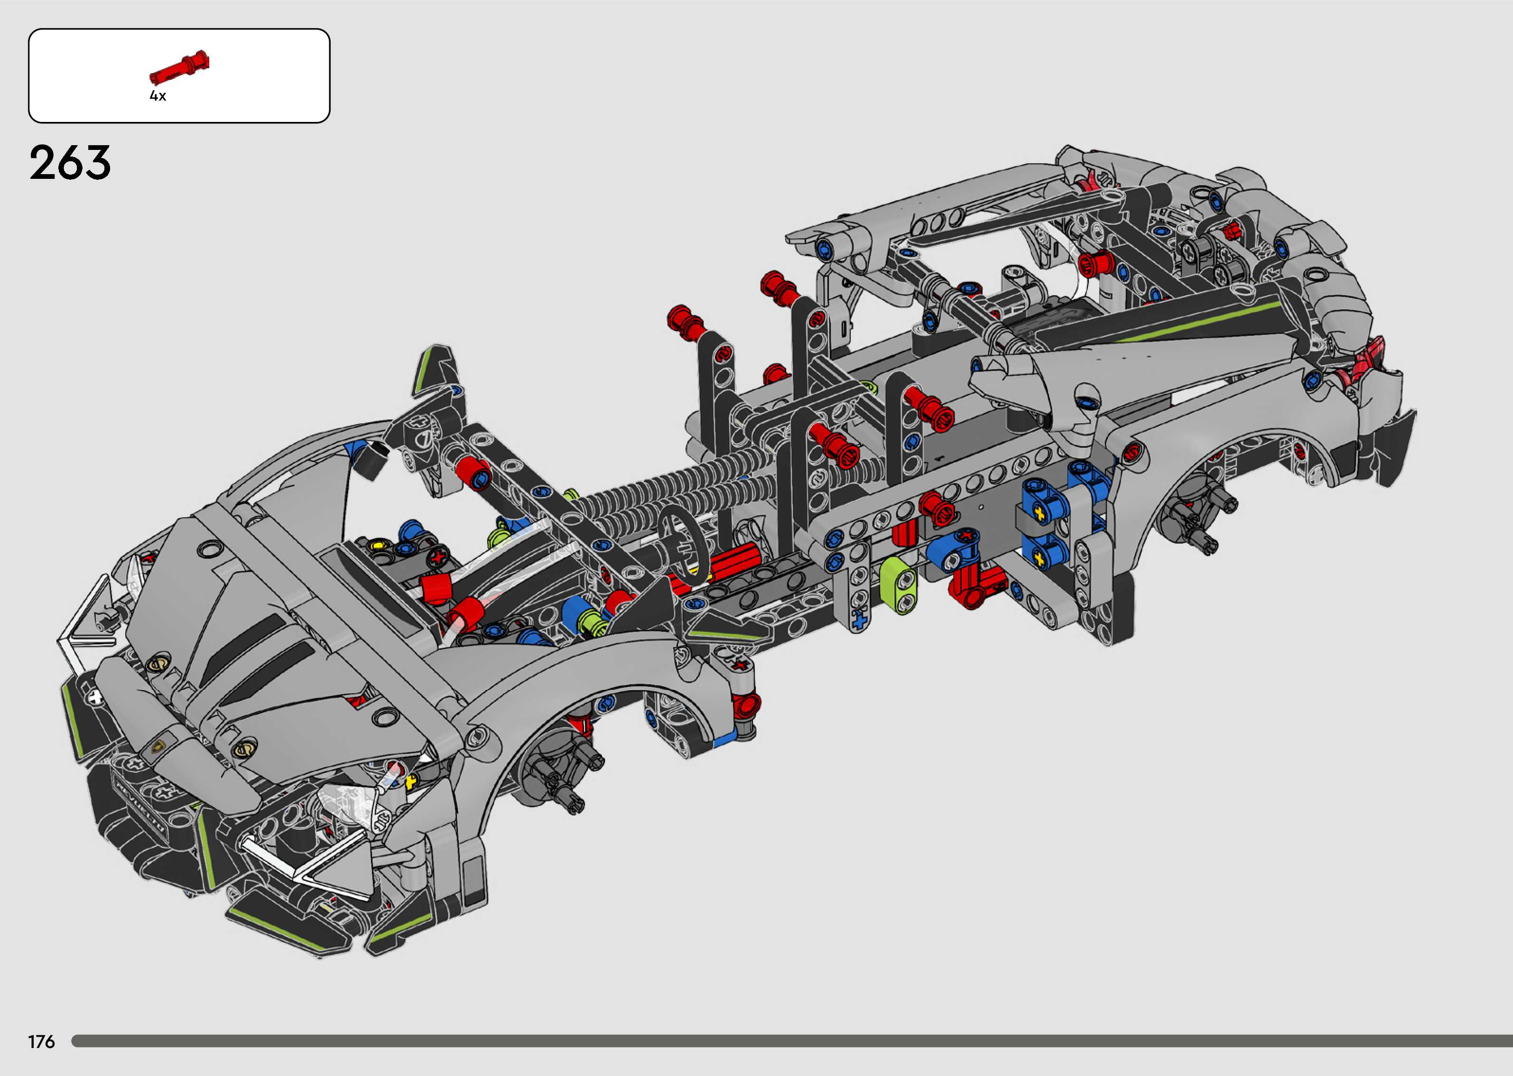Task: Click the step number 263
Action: point(70,163)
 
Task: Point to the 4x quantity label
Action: point(158,96)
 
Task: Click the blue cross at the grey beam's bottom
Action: point(859,621)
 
